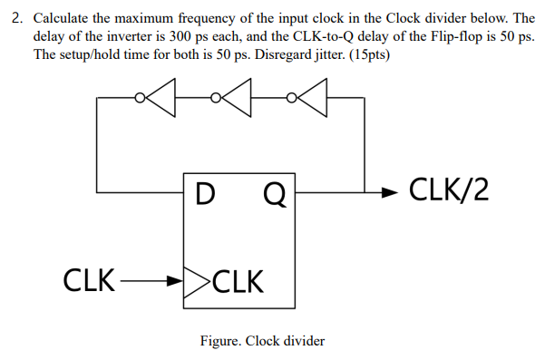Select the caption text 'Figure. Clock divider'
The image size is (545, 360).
(x=262, y=341)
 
